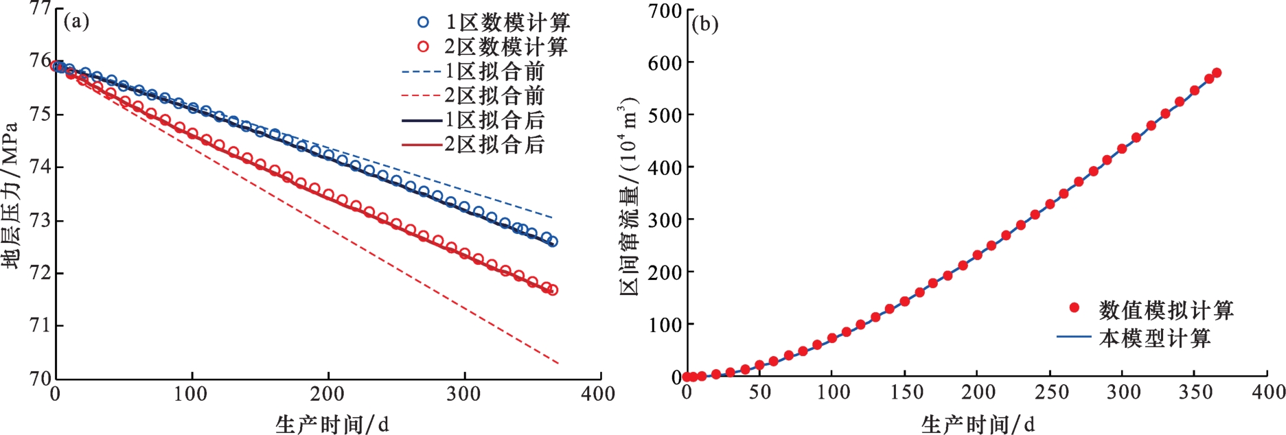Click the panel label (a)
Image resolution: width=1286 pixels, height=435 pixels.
pos(76,21)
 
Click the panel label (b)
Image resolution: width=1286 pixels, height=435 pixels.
pos(704,24)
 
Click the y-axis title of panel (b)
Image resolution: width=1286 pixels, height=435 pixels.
pos(629,196)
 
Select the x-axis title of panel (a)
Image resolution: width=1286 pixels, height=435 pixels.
pos(332,424)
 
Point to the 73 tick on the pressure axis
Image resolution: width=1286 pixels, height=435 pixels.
pos(41,220)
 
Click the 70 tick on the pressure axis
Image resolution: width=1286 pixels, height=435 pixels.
pos(41,377)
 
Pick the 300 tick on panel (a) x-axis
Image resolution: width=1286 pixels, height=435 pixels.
pos(464,393)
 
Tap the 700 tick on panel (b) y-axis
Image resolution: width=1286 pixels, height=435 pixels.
pos(665,10)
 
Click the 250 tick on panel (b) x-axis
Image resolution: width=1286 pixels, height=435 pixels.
pos(1050,392)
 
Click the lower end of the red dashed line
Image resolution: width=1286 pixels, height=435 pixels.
pos(558,363)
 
